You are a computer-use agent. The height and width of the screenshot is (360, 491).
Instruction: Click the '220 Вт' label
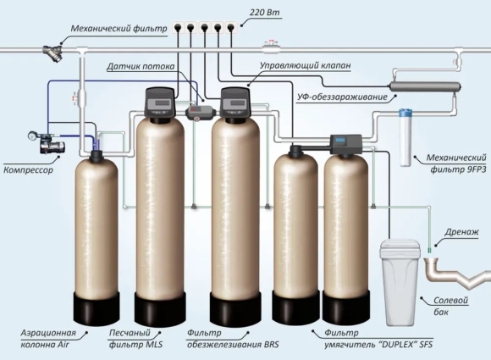tap(265, 13)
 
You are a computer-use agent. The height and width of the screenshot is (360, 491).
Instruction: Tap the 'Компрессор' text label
tap(28, 170)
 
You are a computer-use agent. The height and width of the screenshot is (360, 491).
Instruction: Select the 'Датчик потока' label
tap(141, 66)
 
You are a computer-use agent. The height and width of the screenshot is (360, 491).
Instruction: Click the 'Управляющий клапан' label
tap(306, 65)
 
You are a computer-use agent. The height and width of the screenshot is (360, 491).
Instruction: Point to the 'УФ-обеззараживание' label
tap(342, 97)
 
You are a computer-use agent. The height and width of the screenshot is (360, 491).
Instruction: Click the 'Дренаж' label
tap(461, 232)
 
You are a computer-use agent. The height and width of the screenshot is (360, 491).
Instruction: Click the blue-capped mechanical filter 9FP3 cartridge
tap(405, 137)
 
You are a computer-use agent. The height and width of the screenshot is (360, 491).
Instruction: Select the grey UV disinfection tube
tap(424, 86)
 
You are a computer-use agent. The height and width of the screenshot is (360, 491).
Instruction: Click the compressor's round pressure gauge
tap(32, 136)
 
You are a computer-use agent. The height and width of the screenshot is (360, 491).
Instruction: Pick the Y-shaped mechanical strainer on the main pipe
tap(52, 53)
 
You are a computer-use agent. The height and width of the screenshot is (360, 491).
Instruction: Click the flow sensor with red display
tap(201, 112)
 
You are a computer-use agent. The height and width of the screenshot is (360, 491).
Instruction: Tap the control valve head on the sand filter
tap(159, 102)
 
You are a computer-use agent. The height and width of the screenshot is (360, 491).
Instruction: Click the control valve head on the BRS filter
tap(235, 102)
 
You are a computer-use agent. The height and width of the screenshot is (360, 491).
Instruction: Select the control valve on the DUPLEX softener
tap(346, 144)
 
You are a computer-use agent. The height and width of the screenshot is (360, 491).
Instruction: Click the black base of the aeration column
tap(97, 308)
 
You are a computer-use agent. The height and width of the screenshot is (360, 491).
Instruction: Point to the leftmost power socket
tap(178, 27)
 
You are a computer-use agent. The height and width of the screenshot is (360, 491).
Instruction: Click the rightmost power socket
tap(231, 27)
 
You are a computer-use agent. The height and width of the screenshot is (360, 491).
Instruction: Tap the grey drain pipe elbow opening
tap(433, 261)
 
